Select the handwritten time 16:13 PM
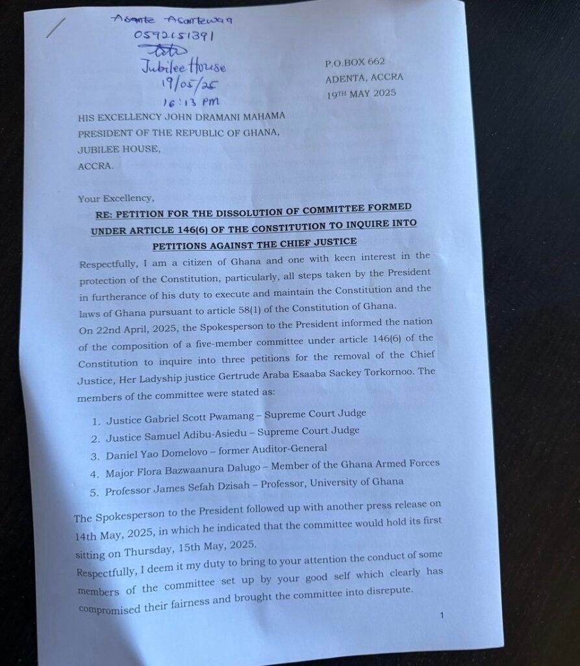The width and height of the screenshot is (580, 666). click(190, 101)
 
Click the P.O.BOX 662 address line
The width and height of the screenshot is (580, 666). click(354, 62)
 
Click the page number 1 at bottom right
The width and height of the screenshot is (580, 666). click(441, 616)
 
